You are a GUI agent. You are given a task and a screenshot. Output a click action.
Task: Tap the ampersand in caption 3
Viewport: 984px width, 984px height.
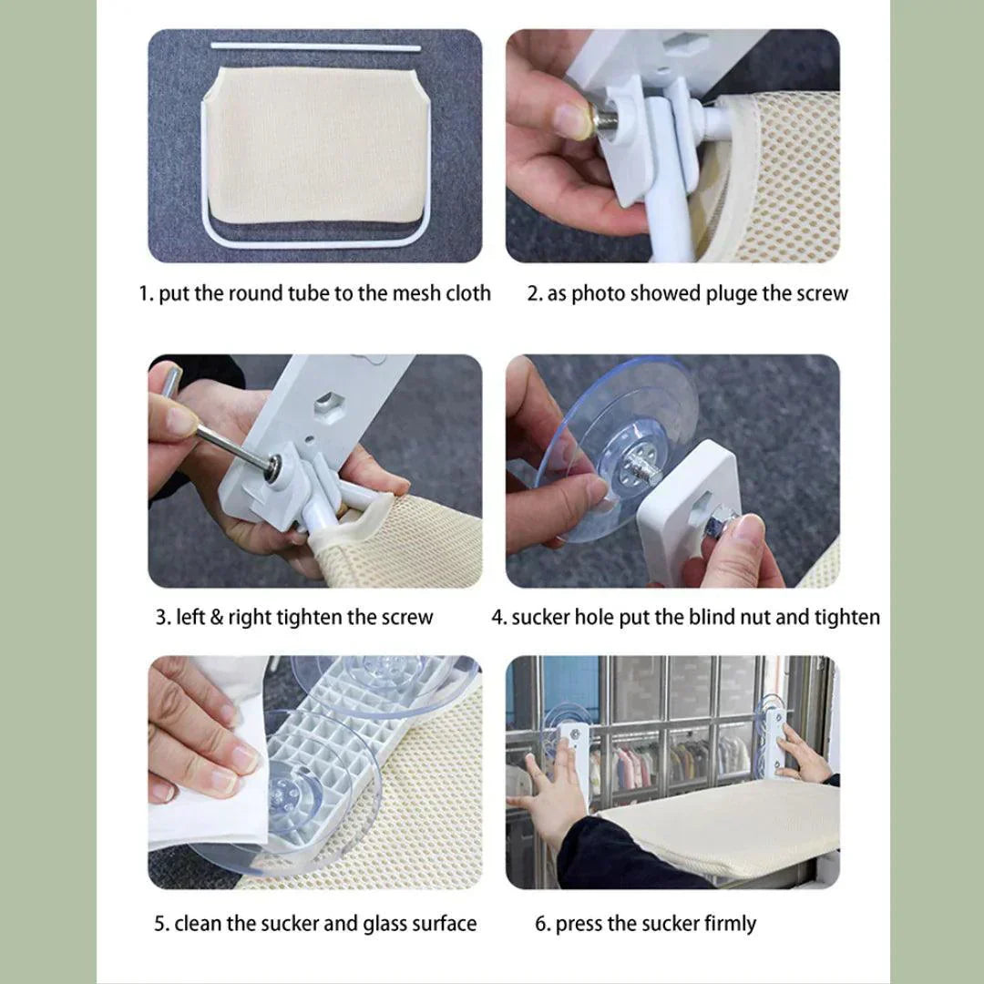point(217,617)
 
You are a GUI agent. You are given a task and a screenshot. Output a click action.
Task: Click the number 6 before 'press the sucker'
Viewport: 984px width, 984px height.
point(540,924)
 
